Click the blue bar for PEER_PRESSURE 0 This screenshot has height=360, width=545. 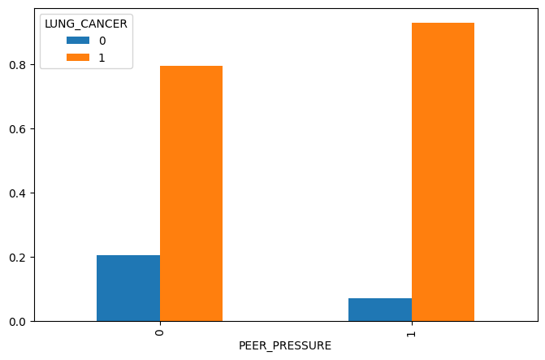(x=128, y=288)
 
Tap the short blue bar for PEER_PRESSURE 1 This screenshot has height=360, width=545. (x=380, y=310)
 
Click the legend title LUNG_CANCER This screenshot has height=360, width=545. (x=85, y=24)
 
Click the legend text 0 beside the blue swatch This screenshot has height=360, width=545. (x=102, y=41)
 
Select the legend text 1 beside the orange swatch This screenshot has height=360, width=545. (x=102, y=58)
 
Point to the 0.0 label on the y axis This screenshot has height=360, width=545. (x=18, y=322)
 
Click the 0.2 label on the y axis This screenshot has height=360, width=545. (x=18, y=258)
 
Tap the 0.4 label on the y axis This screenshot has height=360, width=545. (x=18, y=193)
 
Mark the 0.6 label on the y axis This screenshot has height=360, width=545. (x=18, y=129)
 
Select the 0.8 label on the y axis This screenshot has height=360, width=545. (x=18, y=65)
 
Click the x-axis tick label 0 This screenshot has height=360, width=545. (x=160, y=333)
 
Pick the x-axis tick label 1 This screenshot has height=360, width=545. (x=412, y=333)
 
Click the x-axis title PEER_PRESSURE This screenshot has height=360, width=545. (x=285, y=346)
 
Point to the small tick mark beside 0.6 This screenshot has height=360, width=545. (x=32, y=129)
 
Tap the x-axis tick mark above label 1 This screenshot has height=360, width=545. (x=412, y=323)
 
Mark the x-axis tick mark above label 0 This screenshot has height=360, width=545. (x=160, y=323)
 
